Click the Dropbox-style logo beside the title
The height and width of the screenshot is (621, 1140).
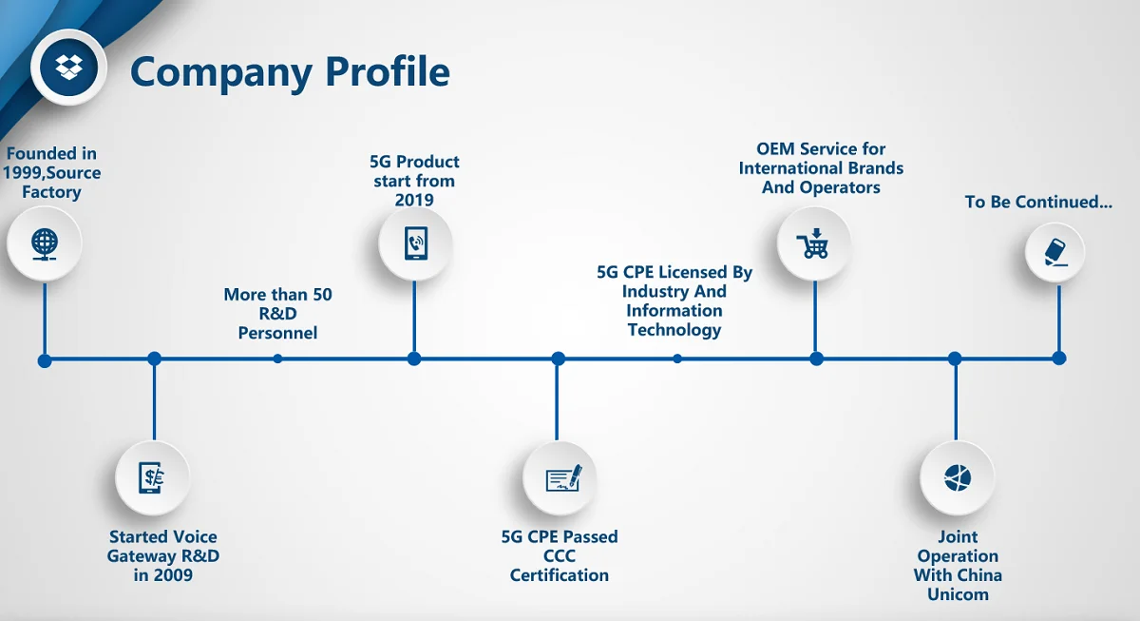[x=67, y=68]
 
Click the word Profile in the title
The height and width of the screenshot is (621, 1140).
[x=384, y=71]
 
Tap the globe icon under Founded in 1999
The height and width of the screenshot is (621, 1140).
[x=45, y=243]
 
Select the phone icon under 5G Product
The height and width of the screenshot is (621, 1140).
[x=415, y=243]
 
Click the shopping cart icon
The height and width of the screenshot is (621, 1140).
[x=815, y=244]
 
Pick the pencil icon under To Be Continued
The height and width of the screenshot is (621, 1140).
[x=1055, y=252]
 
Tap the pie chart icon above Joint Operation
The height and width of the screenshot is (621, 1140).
[x=957, y=477]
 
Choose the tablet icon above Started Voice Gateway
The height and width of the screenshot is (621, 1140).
[x=152, y=476]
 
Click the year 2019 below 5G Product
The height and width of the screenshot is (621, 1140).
[x=414, y=200]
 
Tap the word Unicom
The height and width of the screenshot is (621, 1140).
[x=958, y=594]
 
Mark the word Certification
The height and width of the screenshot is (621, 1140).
[x=560, y=575]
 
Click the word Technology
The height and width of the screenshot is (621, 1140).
[x=674, y=330]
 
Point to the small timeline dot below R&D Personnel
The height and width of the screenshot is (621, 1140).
[x=277, y=359]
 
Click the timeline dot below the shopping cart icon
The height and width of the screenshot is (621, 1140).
[x=816, y=359]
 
